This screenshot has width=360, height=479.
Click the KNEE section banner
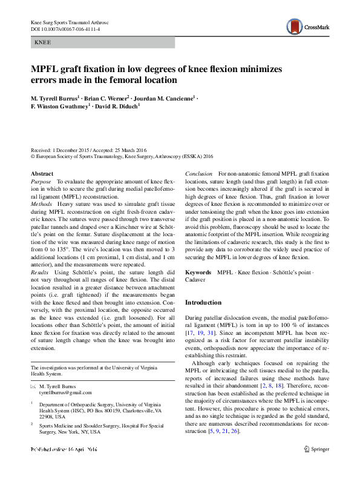click(102, 42)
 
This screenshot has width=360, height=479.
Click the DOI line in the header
click(65, 29)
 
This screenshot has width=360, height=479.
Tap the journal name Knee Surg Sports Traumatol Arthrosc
click(72, 22)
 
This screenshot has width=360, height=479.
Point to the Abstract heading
click(42, 174)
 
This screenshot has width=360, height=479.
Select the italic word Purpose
click(41, 182)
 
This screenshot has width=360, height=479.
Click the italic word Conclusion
click(199, 174)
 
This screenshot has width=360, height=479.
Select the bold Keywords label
click(198, 273)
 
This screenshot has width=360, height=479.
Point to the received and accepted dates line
click(89, 149)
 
